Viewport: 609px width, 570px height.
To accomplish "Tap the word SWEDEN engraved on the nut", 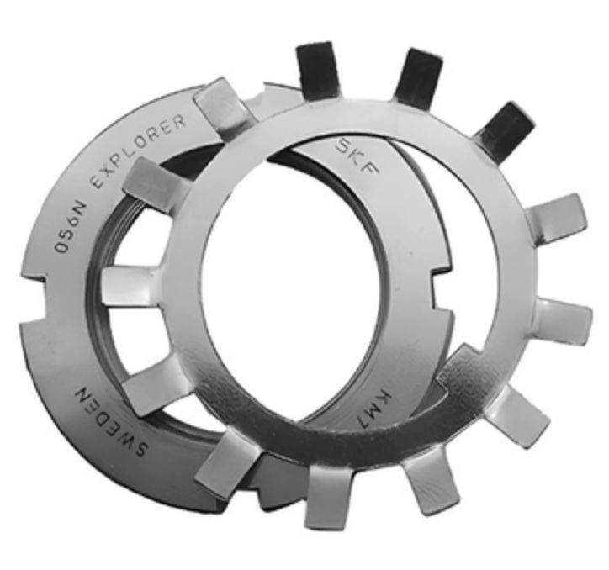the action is click(111, 422).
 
